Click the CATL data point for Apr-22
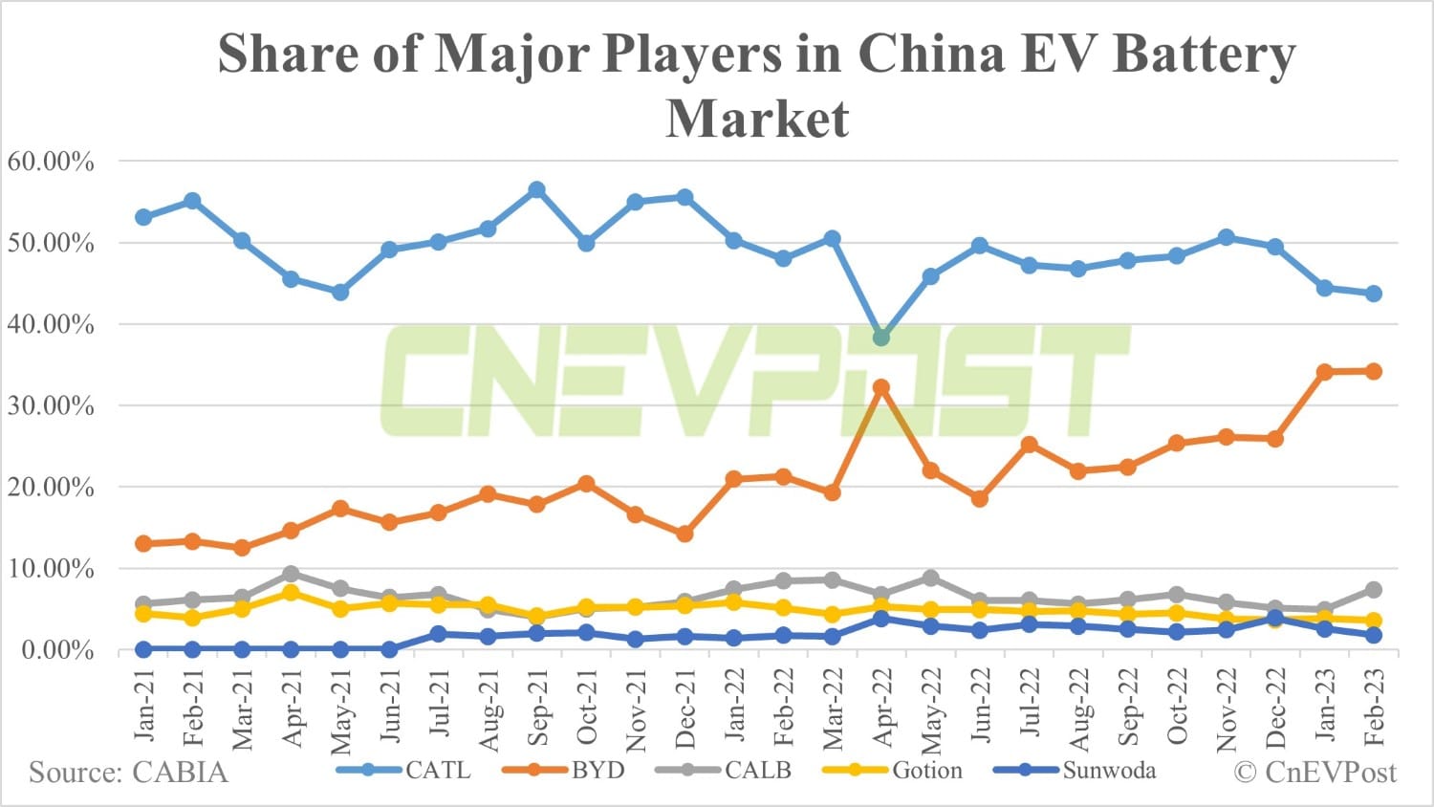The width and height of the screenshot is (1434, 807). (881, 338)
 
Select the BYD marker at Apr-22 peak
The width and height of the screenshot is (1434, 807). (881, 388)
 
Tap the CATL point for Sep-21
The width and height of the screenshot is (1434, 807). (537, 190)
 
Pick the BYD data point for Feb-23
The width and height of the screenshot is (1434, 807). (1374, 371)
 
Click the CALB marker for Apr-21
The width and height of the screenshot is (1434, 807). (291, 574)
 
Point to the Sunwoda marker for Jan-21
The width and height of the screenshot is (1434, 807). (143, 649)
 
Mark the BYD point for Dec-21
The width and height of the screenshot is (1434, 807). (684, 534)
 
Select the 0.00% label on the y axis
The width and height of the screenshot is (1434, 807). (57, 651)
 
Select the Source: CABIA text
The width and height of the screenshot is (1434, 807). (128, 773)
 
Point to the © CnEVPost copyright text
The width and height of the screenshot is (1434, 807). (1315, 773)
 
